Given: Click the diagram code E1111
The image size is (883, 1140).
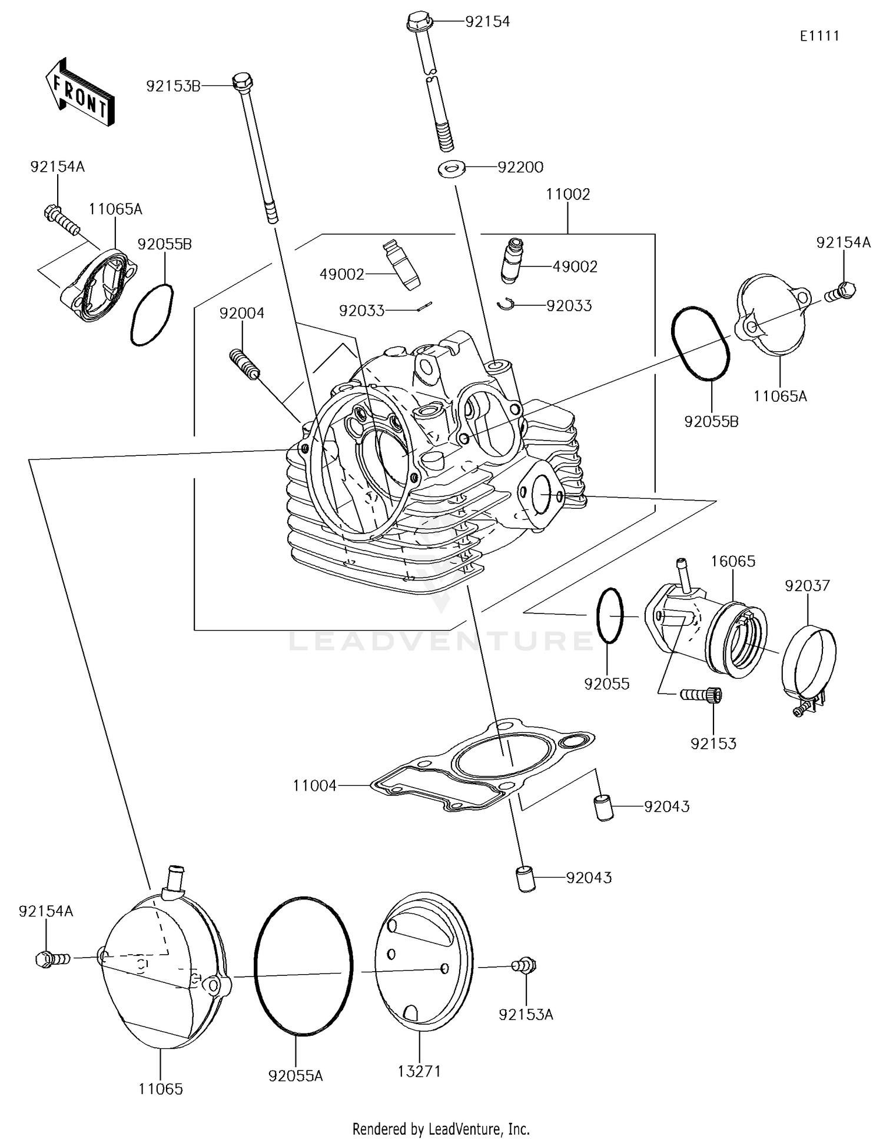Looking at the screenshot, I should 819,36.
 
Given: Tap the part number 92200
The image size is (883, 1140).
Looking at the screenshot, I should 520,167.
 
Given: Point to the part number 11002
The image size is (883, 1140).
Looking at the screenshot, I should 567,194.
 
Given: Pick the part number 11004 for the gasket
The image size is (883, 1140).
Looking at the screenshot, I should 315,785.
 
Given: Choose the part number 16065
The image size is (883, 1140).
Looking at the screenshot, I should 732,561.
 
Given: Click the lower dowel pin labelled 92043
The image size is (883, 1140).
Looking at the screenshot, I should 526,879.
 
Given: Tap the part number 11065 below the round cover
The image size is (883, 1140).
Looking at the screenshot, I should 161,1089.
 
